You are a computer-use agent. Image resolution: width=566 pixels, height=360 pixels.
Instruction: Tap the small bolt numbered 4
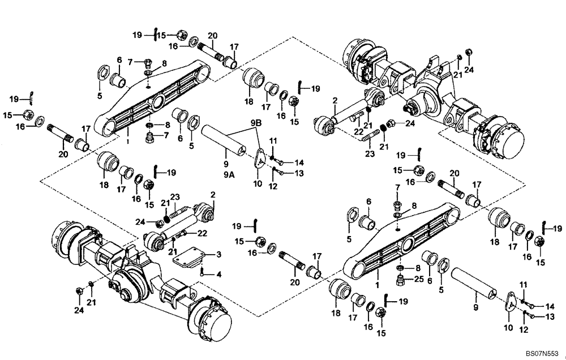pyautogui.click(x=202, y=271)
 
